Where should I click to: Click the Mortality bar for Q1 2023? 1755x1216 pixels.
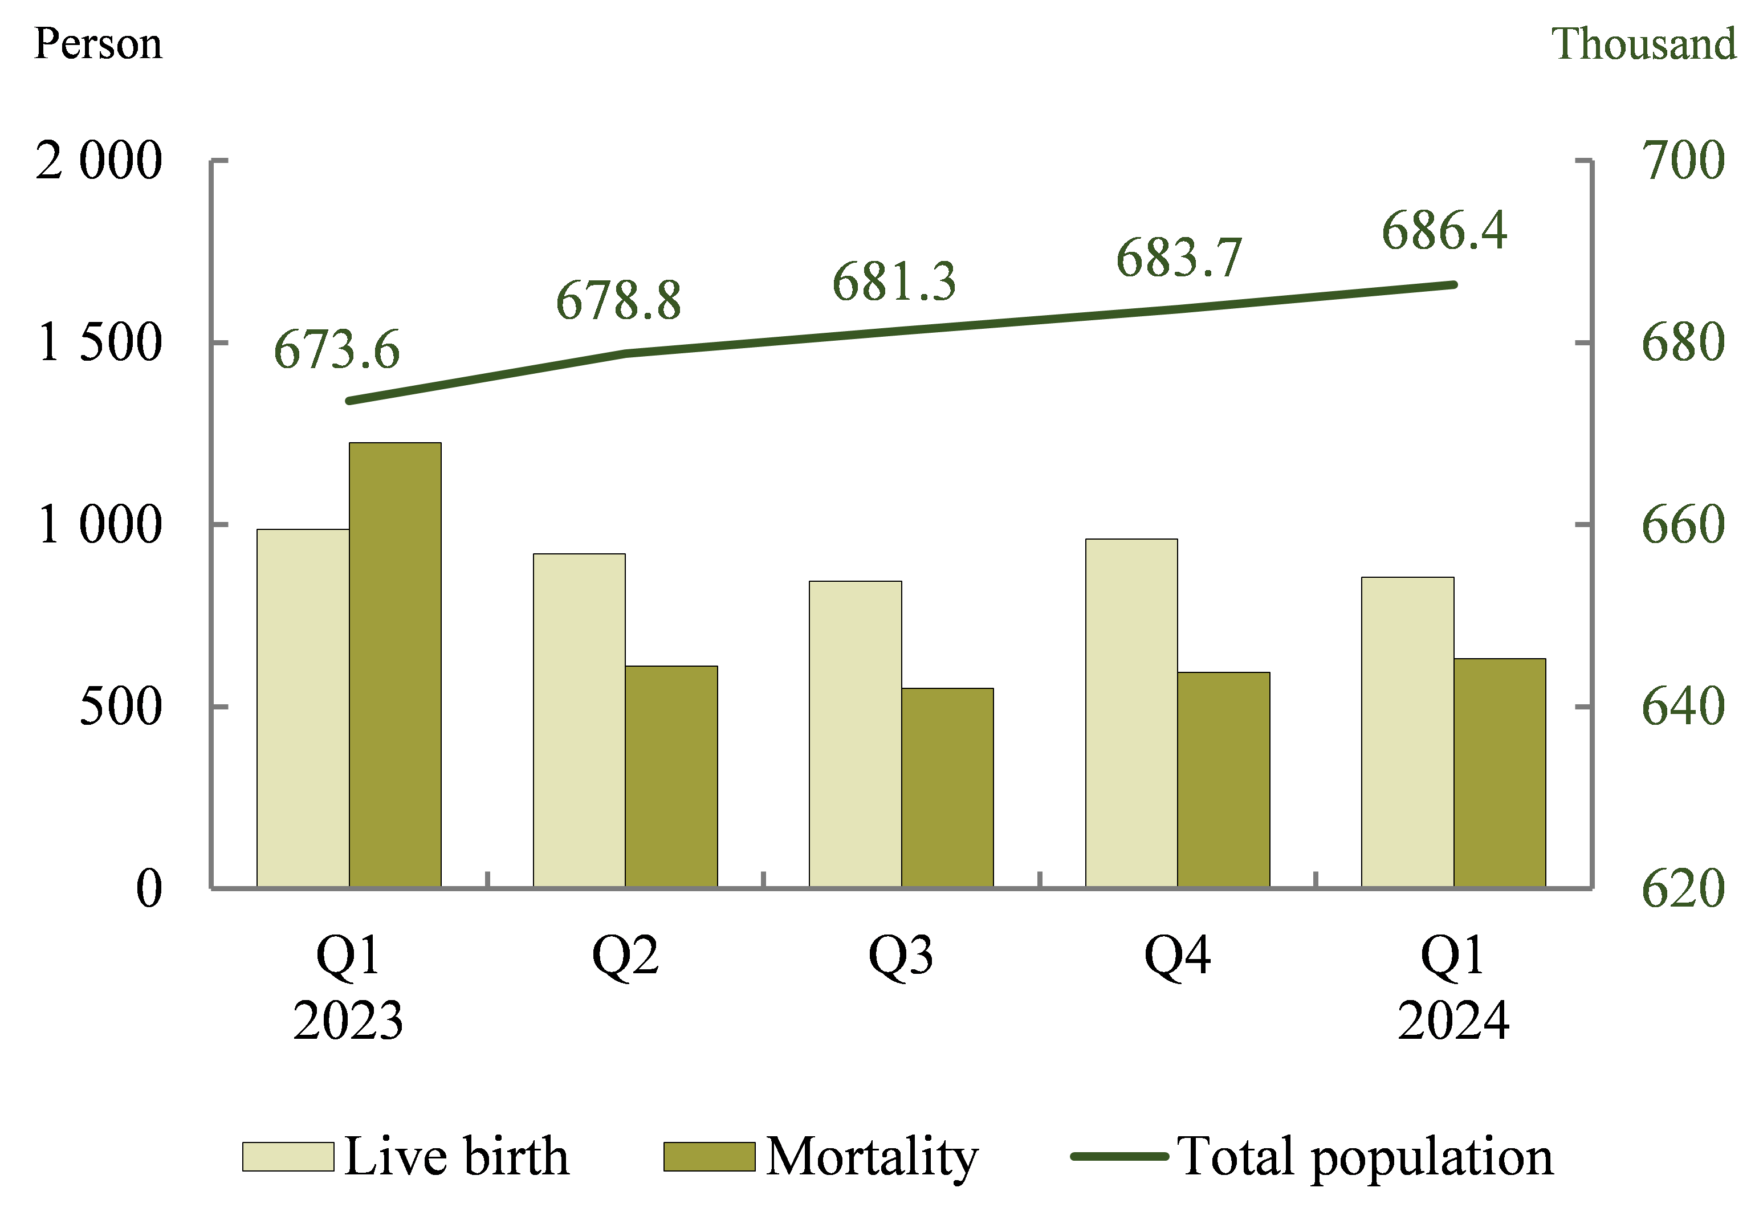point(395,664)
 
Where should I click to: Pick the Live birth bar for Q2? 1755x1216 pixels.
point(579,720)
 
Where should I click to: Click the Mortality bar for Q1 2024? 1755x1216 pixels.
point(1500,773)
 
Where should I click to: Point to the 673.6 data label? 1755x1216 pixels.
point(336,350)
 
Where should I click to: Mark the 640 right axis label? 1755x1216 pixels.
point(1683,706)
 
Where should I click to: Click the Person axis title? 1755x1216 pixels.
point(98,43)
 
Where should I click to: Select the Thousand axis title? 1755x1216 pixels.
point(1644,43)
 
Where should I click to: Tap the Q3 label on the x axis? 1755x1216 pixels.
point(901,956)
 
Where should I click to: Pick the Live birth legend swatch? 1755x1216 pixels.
point(288,1157)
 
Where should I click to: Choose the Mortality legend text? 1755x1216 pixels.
point(872,1157)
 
